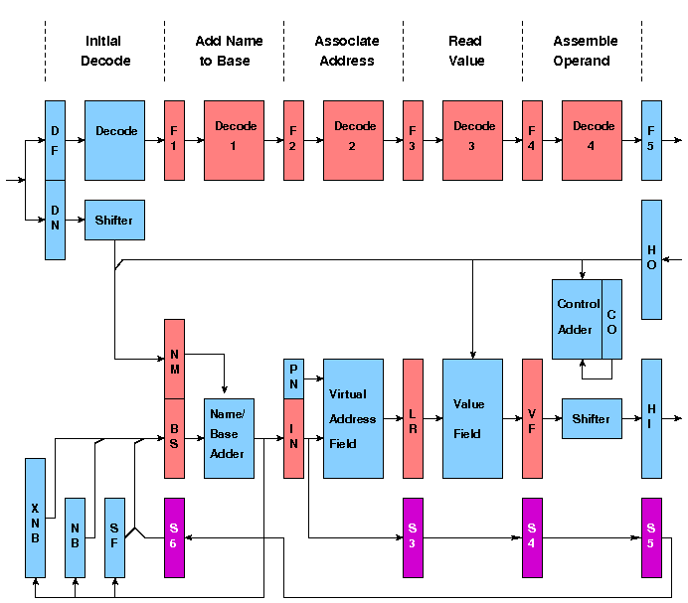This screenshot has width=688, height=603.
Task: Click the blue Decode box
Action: (114, 140)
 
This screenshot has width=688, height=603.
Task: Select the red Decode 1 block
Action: (235, 140)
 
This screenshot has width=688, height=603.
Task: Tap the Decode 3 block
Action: (473, 140)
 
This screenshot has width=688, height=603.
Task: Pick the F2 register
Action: (293, 140)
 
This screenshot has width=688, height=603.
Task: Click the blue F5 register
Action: (651, 140)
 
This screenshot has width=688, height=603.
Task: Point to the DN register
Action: (55, 220)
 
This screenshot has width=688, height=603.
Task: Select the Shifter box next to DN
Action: (114, 220)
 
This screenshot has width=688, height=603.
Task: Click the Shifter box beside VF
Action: (592, 418)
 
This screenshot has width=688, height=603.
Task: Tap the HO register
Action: (651, 259)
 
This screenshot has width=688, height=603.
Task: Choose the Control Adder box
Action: (578, 319)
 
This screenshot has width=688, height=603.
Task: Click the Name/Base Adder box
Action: (229, 438)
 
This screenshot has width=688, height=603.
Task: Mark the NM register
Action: (174, 359)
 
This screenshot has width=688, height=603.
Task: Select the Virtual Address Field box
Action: (353, 418)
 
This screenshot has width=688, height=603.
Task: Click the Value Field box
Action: (472, 418)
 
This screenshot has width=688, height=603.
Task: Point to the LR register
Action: (413, 418)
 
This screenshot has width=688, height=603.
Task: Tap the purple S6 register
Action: (174, 537)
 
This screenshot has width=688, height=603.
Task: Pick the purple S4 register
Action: (532, 537)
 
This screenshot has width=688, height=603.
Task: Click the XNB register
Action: (35, 518)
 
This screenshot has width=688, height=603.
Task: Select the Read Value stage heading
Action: (465, 51)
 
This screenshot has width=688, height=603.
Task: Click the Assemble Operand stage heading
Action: (585, 51)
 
